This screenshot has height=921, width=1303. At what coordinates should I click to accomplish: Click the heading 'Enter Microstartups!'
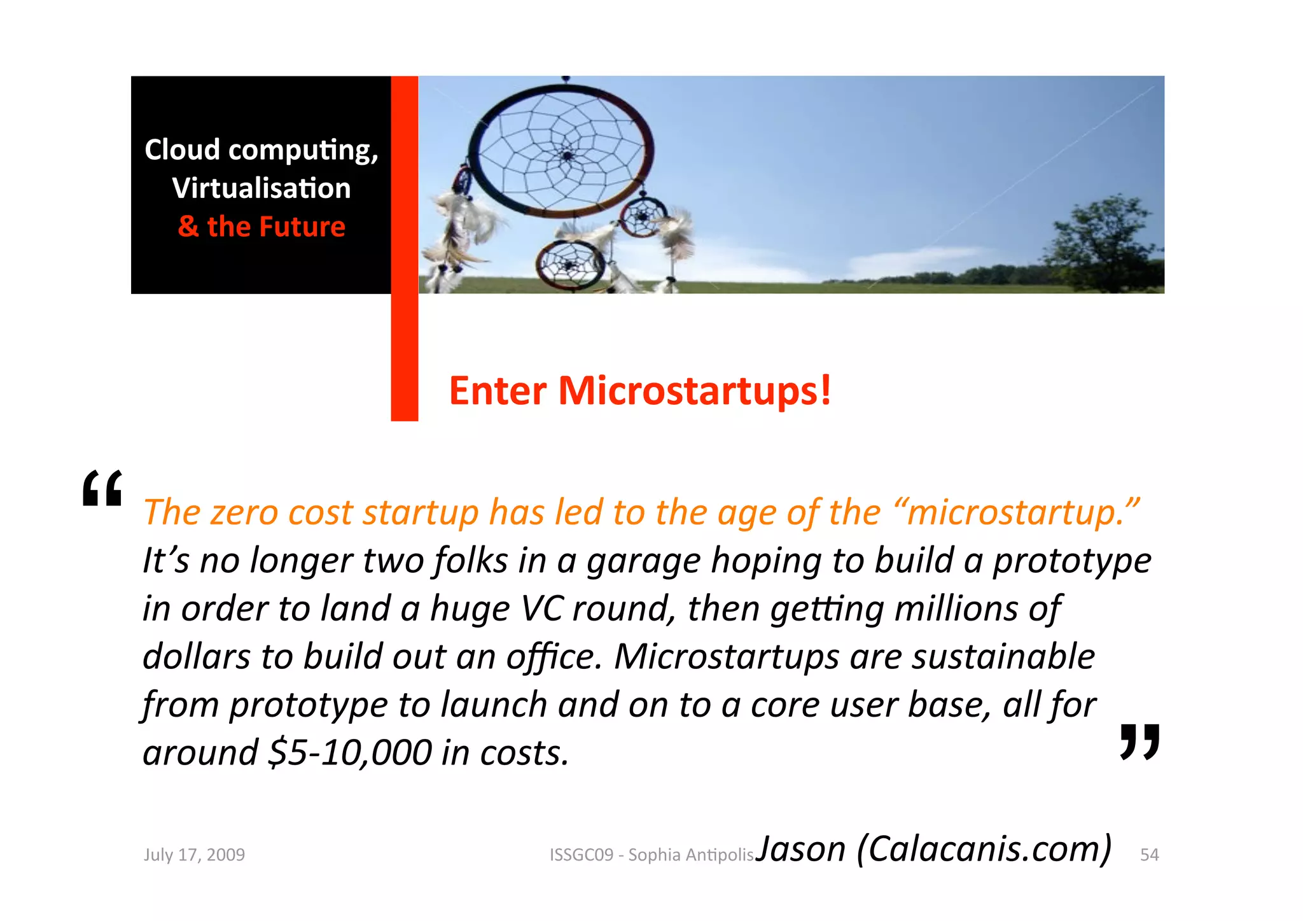[x=639, y=390]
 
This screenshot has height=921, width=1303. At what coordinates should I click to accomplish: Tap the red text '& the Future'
[x=261, y=227]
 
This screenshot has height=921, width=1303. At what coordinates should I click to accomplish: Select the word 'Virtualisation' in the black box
[x=261, y=188]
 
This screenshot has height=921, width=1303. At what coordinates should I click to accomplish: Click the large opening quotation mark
[x=102, y=488]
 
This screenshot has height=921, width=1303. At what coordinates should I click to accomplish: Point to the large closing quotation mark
[x=1139, y=742]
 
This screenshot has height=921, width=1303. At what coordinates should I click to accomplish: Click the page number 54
[x=1149, y=855]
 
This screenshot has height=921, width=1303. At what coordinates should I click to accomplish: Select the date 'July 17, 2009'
[x=194, y=855]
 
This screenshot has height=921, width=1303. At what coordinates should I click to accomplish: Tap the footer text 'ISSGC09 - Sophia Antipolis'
[x=651, y=855]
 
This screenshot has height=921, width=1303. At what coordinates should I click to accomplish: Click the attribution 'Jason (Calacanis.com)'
[x=933, y=849]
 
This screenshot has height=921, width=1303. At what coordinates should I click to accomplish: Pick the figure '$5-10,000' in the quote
[x=351, y=753]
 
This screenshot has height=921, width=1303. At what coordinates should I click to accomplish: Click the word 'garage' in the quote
[x=643, y=561]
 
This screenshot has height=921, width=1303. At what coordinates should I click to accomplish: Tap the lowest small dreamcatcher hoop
[x=570, y=264]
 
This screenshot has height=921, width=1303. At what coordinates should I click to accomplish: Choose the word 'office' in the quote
[x=552, y=657]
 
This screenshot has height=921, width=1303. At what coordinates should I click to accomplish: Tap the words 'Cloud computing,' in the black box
[x=261, y=150]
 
